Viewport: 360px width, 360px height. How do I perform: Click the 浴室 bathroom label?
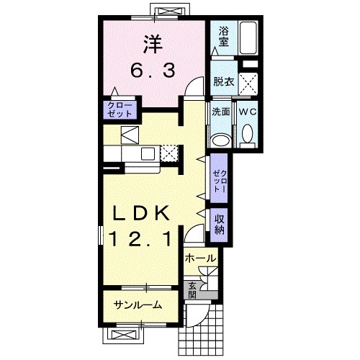point(223,37)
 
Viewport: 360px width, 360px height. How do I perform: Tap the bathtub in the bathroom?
point(248,38)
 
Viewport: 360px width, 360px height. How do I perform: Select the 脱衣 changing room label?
point(224,82)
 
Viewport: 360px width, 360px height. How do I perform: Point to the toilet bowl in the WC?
point(248,134)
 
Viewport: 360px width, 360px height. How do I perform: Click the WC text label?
point(248,112)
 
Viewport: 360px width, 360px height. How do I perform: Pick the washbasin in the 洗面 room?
point(222,140)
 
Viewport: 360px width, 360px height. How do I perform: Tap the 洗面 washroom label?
point(221,112)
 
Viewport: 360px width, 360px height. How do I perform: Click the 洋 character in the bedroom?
point(153,44)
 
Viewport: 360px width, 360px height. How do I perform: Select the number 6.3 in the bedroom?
point(153,70)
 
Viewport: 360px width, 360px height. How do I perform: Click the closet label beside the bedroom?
point(120,109)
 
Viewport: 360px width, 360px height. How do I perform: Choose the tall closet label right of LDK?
point(220,181)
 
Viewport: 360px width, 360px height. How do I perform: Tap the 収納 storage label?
point(220,224)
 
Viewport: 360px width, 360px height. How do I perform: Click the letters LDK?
point(141,213)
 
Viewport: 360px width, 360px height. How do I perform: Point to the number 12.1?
point(141,239)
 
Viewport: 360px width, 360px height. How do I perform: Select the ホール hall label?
point(201,258)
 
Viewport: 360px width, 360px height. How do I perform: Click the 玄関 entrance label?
point(192,290)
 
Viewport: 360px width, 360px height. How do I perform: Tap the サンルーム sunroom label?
point(138,305)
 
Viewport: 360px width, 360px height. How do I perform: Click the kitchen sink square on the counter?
point(148,154)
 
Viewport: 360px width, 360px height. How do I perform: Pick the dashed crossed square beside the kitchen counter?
point(169,153)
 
